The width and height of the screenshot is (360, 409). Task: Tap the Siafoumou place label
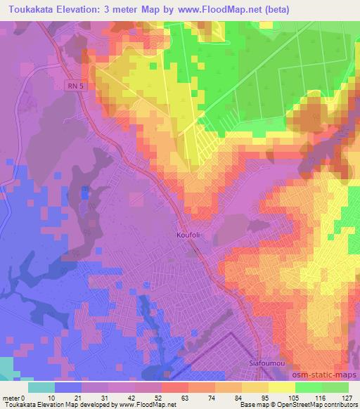point(266,363)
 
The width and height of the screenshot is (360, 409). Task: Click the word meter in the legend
point(11,398)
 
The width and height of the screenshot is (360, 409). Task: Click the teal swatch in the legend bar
point(41,387)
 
